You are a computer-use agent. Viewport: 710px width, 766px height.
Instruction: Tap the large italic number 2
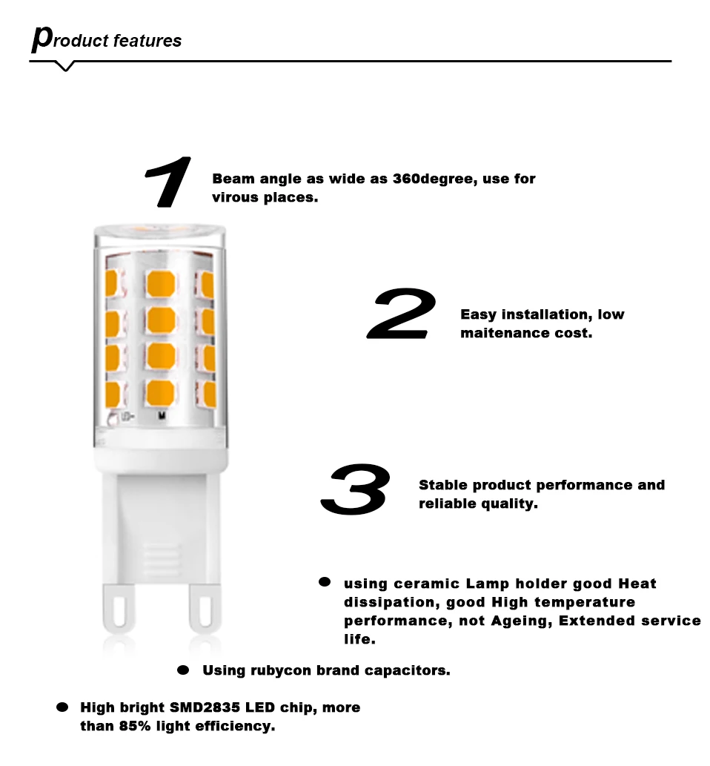[401, 316]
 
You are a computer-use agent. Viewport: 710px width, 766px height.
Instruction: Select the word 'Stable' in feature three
[443, 485]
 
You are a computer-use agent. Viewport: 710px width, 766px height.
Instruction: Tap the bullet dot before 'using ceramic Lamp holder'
[325, 583]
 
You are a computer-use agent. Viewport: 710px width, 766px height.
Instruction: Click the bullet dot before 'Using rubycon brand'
[183, 670]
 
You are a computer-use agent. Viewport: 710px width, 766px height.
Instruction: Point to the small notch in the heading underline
[67, 67]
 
